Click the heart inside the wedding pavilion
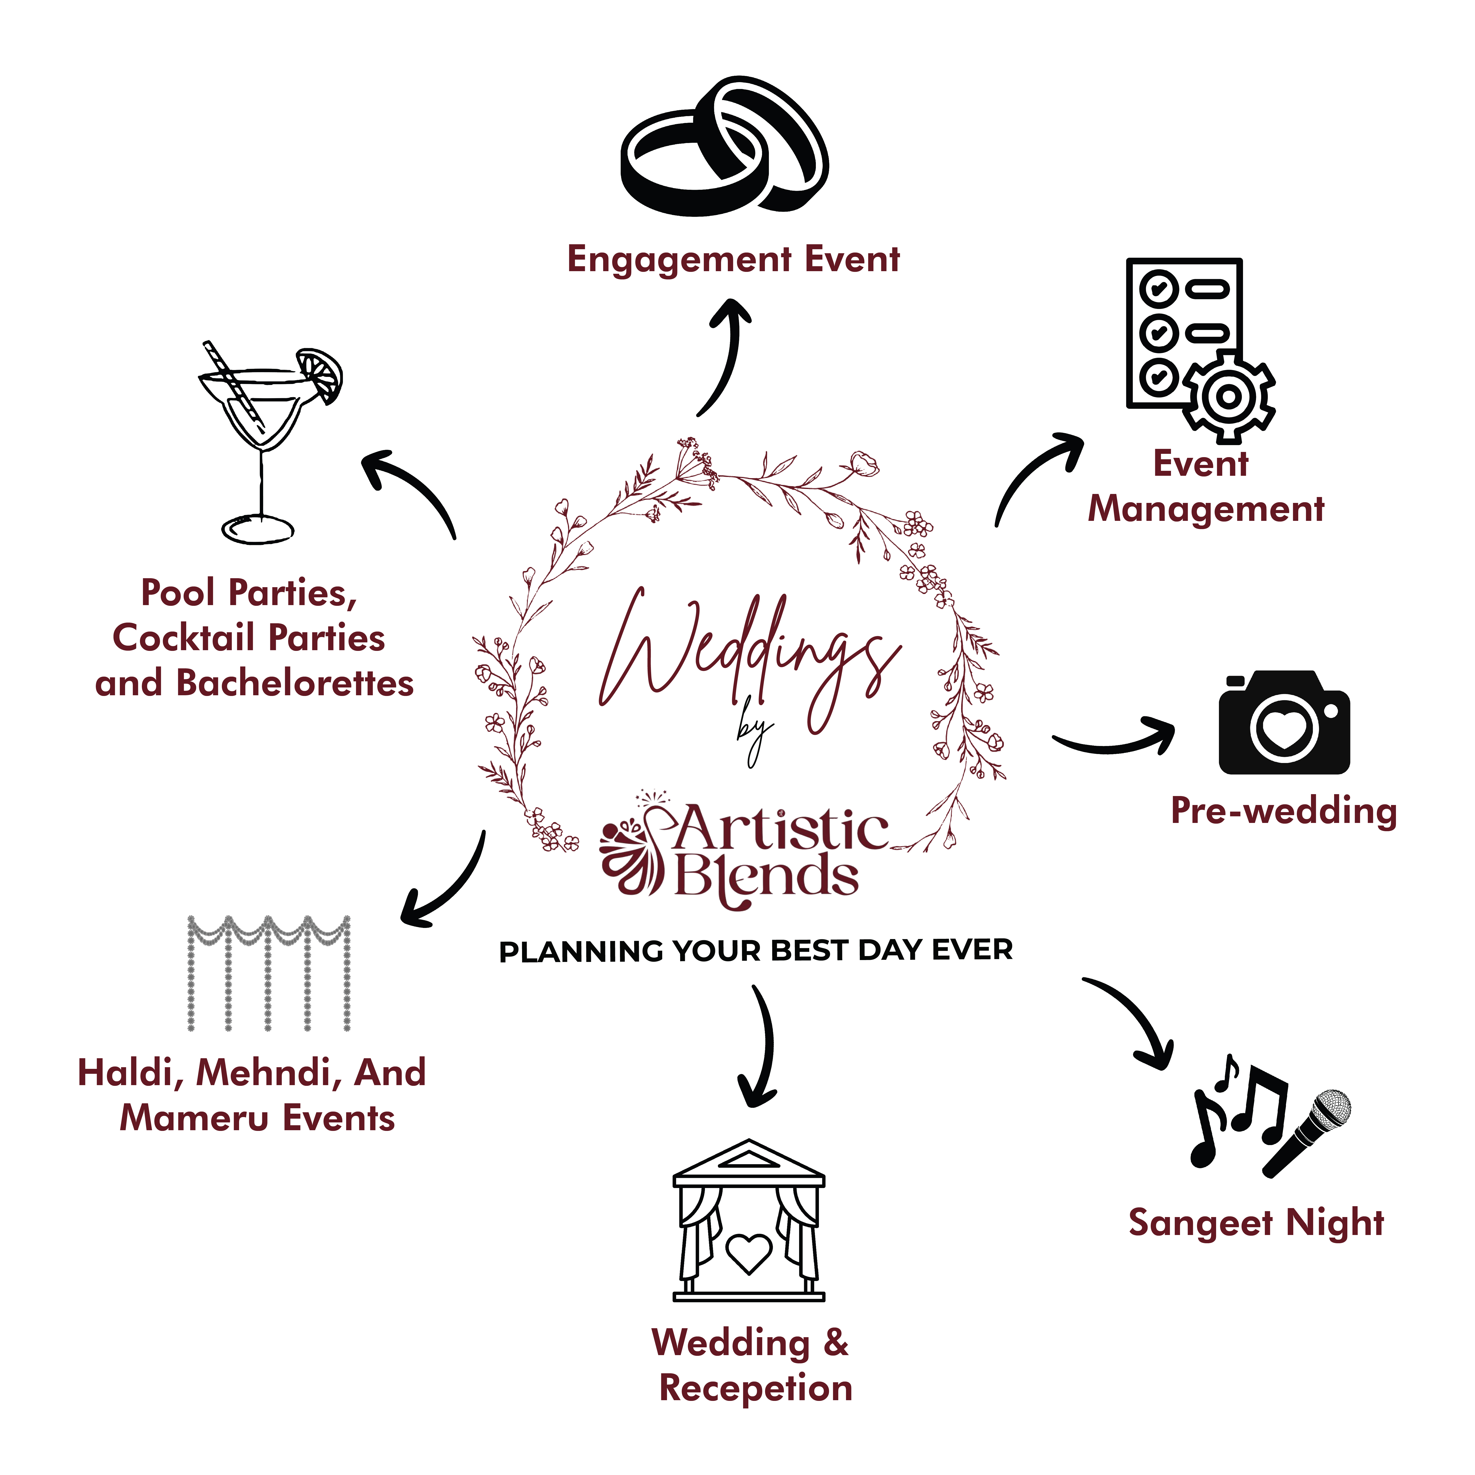(748, 1254)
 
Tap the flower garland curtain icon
(269, 973)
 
